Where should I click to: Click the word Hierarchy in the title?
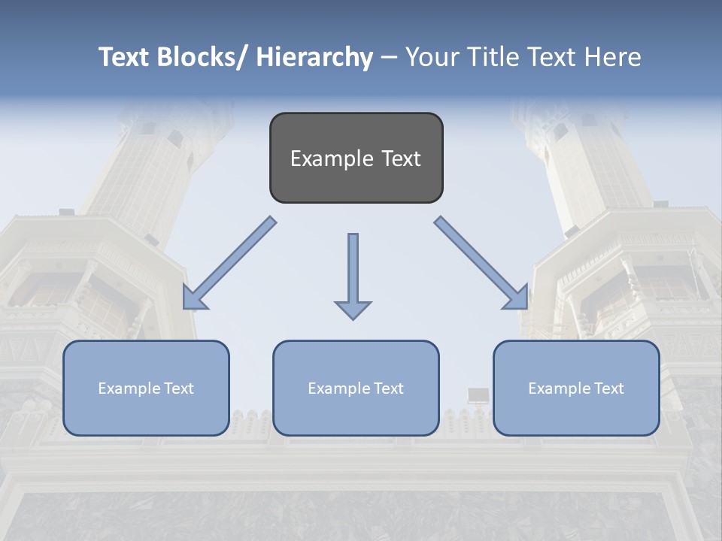pos(314,58)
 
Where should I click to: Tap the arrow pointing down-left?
pos(229,263)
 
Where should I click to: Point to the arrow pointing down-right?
pos(481,263)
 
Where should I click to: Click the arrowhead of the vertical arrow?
pos(353,309)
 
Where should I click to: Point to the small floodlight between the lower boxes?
pos(478,395)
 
